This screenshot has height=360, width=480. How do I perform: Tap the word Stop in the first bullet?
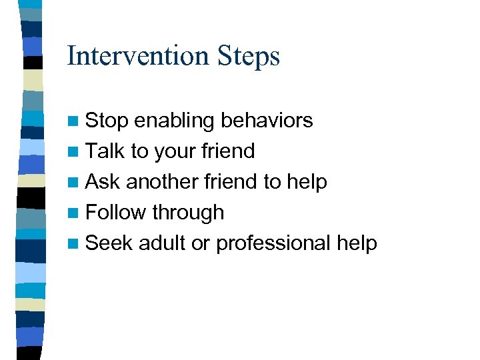click(x=107, y=121)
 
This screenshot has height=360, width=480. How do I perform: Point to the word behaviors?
click(x=267, y=121)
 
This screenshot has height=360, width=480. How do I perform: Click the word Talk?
click(x=106, y=151)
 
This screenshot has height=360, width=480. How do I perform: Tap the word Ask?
click(x=103, y=182)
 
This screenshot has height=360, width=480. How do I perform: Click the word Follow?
click(x=116, y=213)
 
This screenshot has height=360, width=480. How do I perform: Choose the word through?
click(x=188, y=213)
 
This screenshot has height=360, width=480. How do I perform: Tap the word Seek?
click(x=109, y=243)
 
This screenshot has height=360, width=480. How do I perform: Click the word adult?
click(x=162, y=243)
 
